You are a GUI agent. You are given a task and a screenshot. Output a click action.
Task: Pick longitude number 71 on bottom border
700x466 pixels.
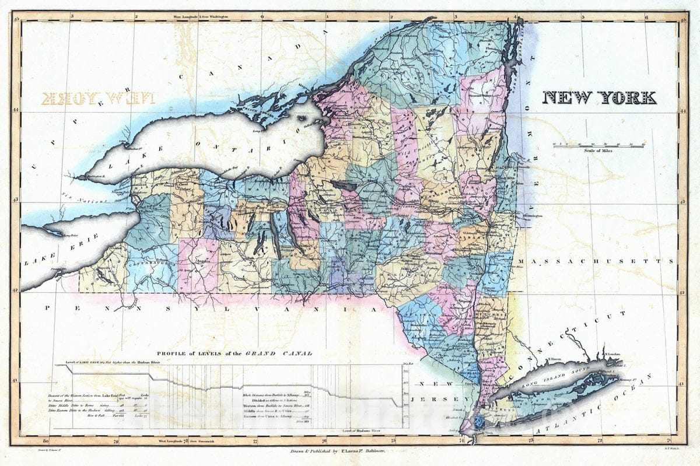coord(669,440)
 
